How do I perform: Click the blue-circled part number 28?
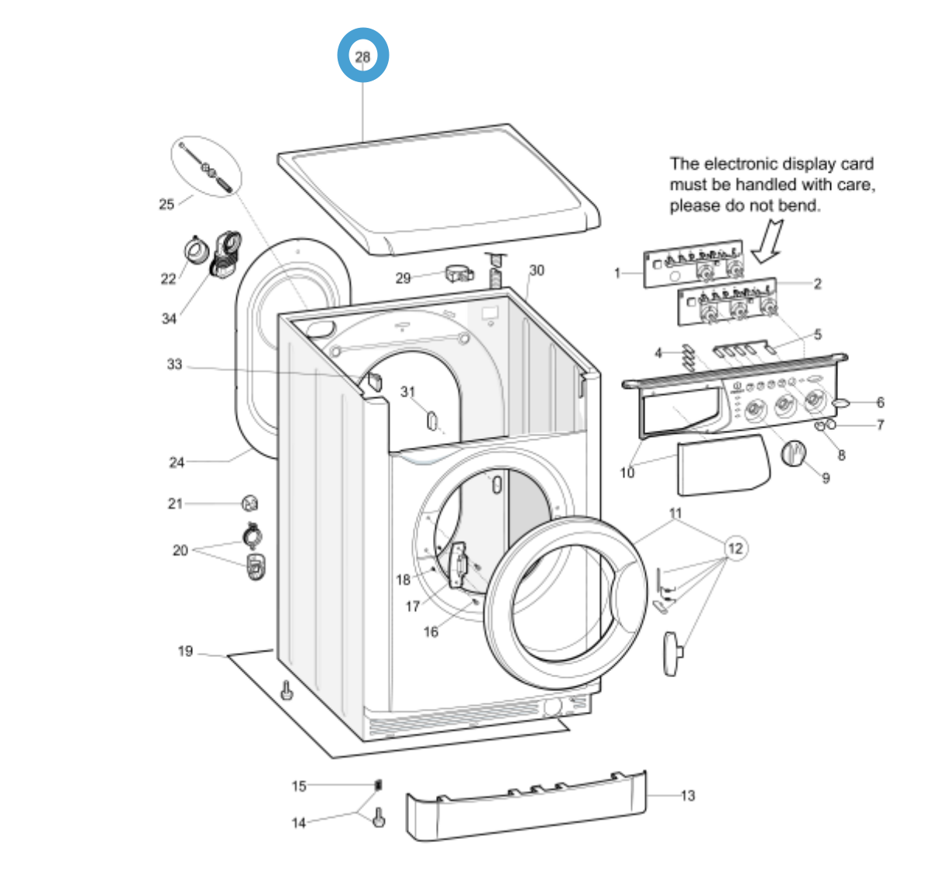pyautogui.click(x=362, y=56)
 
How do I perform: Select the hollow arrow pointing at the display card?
pyautogui.click(x=768, y=240)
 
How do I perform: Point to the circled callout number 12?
pyautogui.click(x=735, y=548)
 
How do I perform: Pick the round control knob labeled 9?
pyautogui.click(x=793, y=452)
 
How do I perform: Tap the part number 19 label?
pyautogui.click(x=185, y=652)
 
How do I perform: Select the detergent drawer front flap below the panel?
pyautogui.click(x=723, y=465)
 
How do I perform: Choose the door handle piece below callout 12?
pyautogui.click(x=671, y=652)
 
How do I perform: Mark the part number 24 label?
pyautogui.click(x=177, y=462)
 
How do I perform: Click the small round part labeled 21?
pyautogui.click(x=249, y=503)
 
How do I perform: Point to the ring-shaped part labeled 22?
pyautogui.click(x=196, y=250)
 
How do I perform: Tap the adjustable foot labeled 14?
pyautogui.click(x=379, y=817)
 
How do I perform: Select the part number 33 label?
pyautogui.click(x=174, y=364)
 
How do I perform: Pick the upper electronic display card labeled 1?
pyautogui.click(x=693, y=264)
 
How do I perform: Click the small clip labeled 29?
pyautogui.click(x=459, y=273)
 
